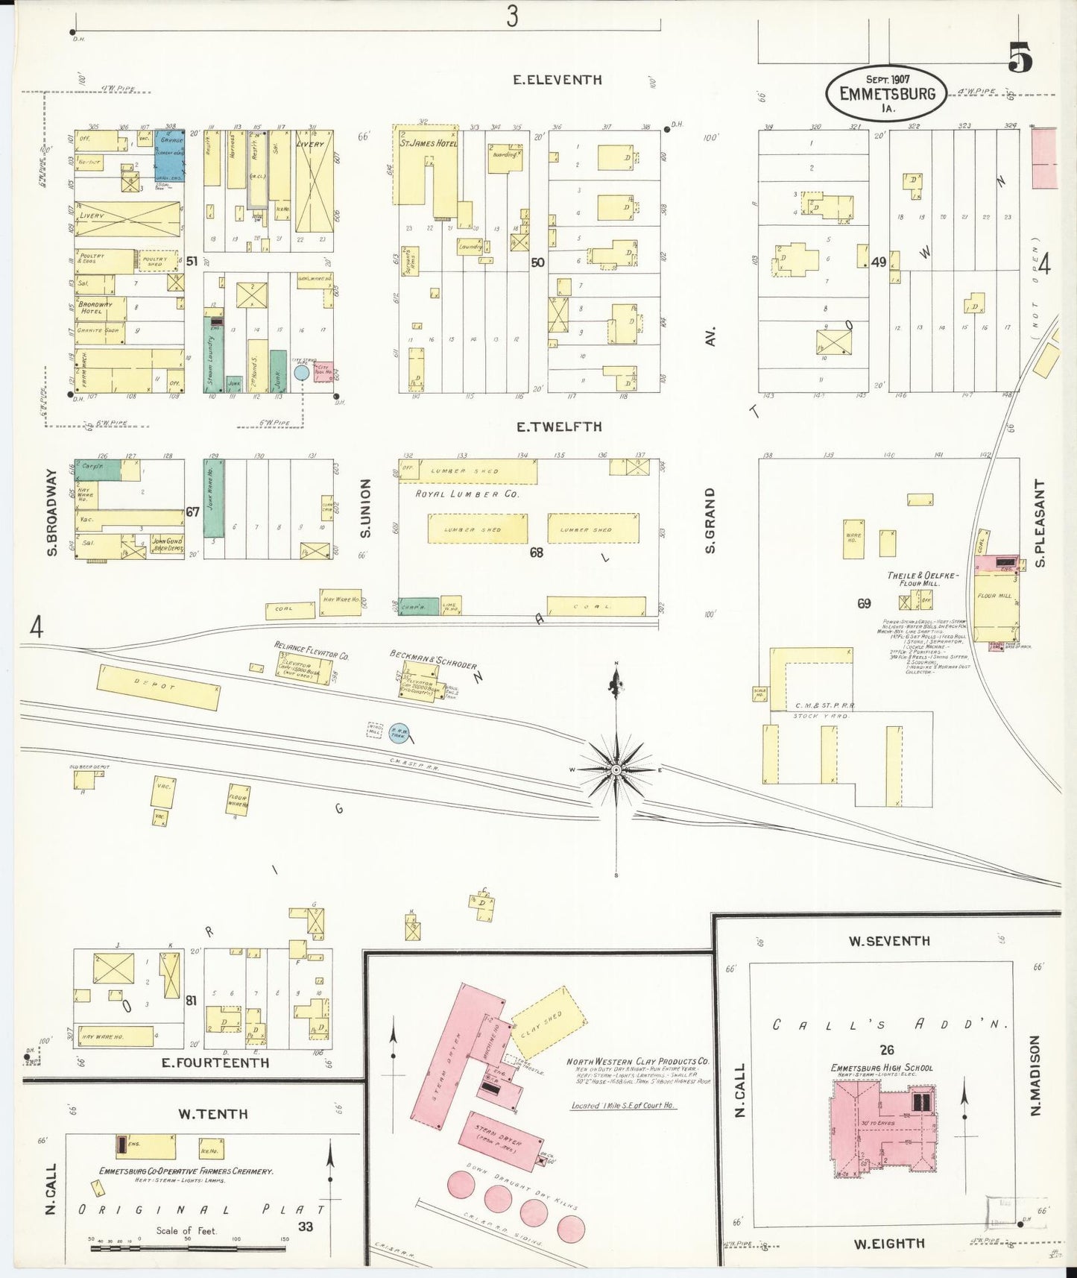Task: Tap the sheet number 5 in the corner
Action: coord(1020,57)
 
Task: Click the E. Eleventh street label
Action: coord(558,79)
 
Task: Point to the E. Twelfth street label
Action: coord(558,426)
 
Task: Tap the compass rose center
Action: coord(616,769)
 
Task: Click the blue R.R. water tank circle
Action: coord(399,734)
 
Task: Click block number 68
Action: coord(536,553)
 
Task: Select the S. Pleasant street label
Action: coord(1040,523)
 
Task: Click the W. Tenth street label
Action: coord(212,1114)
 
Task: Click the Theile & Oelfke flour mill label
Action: coord(922,579)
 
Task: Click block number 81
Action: coord(191,1001)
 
